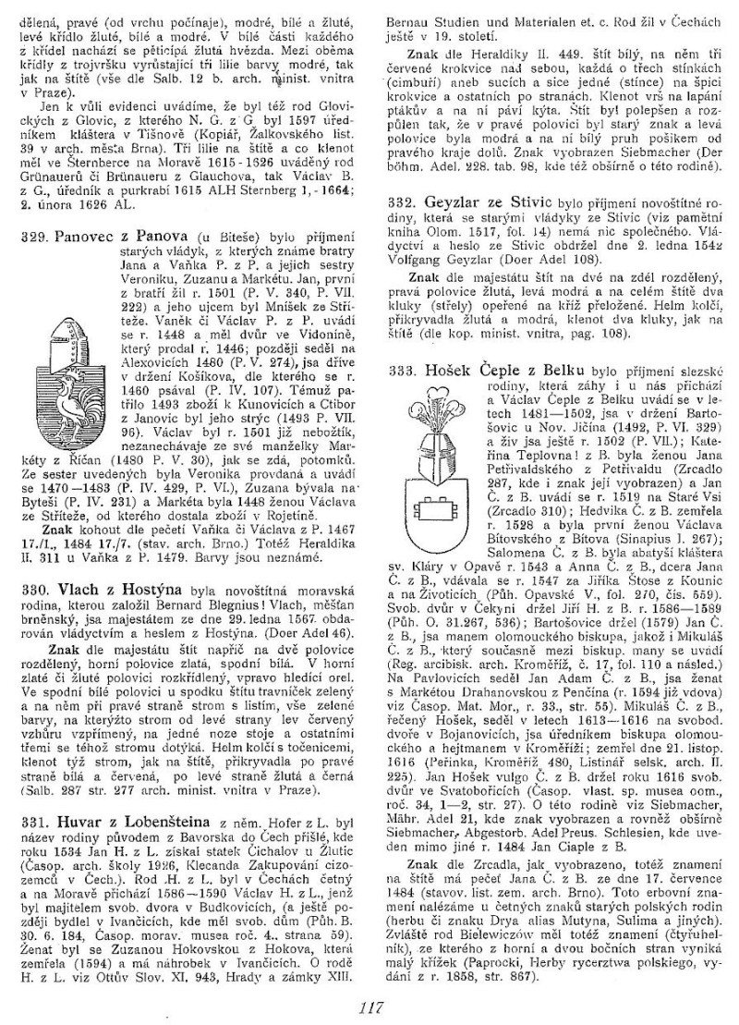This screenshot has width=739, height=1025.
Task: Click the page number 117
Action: coord(372,1007)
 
